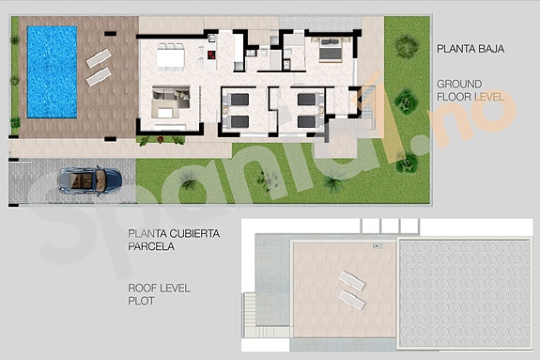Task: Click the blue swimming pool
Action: (x=52, y=70)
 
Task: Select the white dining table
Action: (x=171, y=58)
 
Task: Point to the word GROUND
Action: (x=455, y=84)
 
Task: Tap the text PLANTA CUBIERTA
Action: (x=174, y=234)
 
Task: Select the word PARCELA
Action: (x=150, y=247)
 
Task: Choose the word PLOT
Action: (x=141, y=303)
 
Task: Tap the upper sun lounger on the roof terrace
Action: (x=350, y=279)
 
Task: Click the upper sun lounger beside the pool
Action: (x=98, y=58)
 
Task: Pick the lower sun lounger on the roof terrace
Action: (x=352, y=299)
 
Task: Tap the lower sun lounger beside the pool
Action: (x=99, y=78)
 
